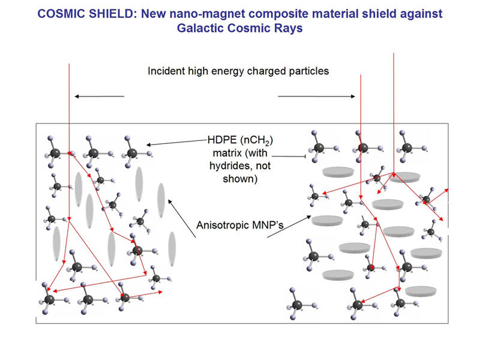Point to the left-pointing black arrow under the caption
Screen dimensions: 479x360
[100, 97]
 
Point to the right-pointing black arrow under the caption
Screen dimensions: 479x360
[316, 97]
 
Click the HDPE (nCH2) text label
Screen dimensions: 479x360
[240, 140]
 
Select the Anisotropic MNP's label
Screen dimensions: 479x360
[240, 225]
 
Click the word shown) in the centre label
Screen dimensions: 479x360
[240, 179]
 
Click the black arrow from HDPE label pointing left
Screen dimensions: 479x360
[177, 142]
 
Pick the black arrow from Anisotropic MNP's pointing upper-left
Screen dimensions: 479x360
[182, 218]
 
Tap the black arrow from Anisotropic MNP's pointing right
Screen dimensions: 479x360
[289, 227]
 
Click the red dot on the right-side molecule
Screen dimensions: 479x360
[372, 268]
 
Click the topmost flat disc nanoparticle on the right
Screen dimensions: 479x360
[338, 172]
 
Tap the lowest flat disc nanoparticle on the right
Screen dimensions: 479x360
[421, 291]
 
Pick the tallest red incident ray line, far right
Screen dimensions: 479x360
[394, 113]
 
